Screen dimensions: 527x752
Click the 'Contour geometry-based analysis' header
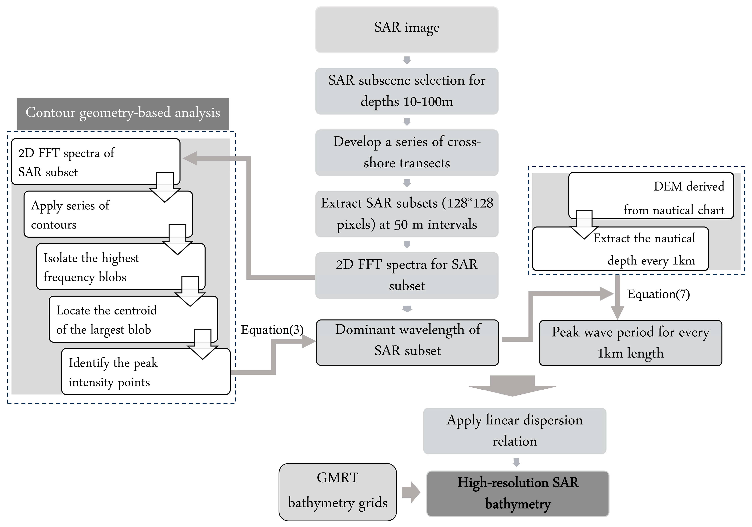click(123, 113)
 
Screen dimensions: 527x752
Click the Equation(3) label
click(272, 330)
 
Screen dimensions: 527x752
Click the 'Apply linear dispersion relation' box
click(514, 430)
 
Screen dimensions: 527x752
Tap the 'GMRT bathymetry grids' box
click(337, 491)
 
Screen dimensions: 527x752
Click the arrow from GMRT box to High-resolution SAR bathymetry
click(411, 492)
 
